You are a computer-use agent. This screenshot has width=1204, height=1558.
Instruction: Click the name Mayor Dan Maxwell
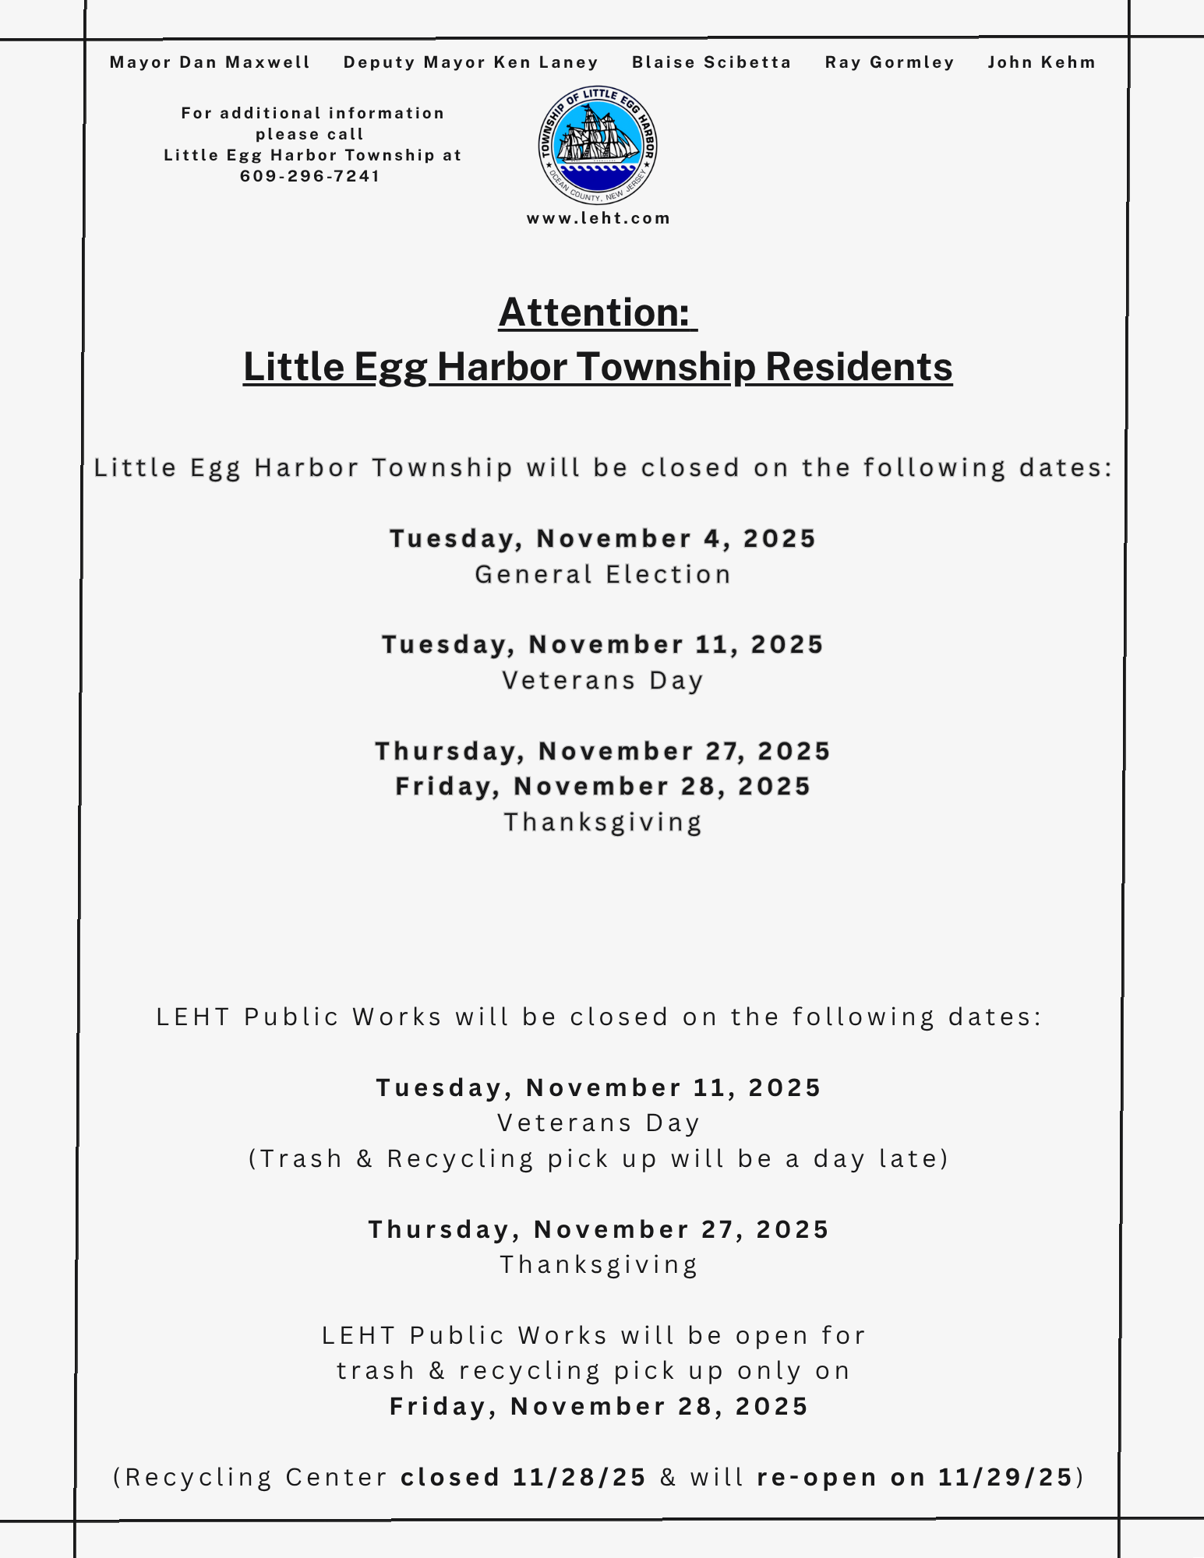pos(210,62)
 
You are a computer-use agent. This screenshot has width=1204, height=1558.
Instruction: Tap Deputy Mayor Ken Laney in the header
pos(471,62)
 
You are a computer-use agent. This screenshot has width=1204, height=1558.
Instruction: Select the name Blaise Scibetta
pos(711,62)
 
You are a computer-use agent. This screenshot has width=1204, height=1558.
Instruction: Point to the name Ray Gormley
pos(889,62)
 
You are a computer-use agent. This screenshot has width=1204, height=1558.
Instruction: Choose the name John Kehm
pos(1041,62)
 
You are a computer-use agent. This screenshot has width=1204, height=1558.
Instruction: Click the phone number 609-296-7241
pos(310,176)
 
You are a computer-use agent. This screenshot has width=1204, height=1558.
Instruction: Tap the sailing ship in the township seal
pos(598,137)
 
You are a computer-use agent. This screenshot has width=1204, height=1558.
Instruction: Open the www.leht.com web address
pos(598,218)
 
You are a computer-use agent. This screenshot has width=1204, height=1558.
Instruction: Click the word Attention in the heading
pos(594,312)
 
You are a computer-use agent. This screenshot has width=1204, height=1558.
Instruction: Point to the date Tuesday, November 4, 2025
pos(602,538)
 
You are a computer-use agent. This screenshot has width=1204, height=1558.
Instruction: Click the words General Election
pos(603,574)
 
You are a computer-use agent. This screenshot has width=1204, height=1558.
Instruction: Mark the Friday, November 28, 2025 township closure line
pos(602,786)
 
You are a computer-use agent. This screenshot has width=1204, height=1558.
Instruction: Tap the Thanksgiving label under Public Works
pos(598,1264)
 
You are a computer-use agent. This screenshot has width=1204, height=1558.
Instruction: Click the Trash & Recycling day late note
pos(598,1158)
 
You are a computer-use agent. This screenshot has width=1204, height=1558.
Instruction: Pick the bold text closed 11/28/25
pos(524,1477)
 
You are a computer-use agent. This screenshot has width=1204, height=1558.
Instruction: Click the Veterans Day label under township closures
pos(603,680)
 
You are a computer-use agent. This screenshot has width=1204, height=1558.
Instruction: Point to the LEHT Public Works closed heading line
pos(598,1017)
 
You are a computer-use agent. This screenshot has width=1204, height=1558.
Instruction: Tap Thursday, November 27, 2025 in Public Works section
pos(598,1229)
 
